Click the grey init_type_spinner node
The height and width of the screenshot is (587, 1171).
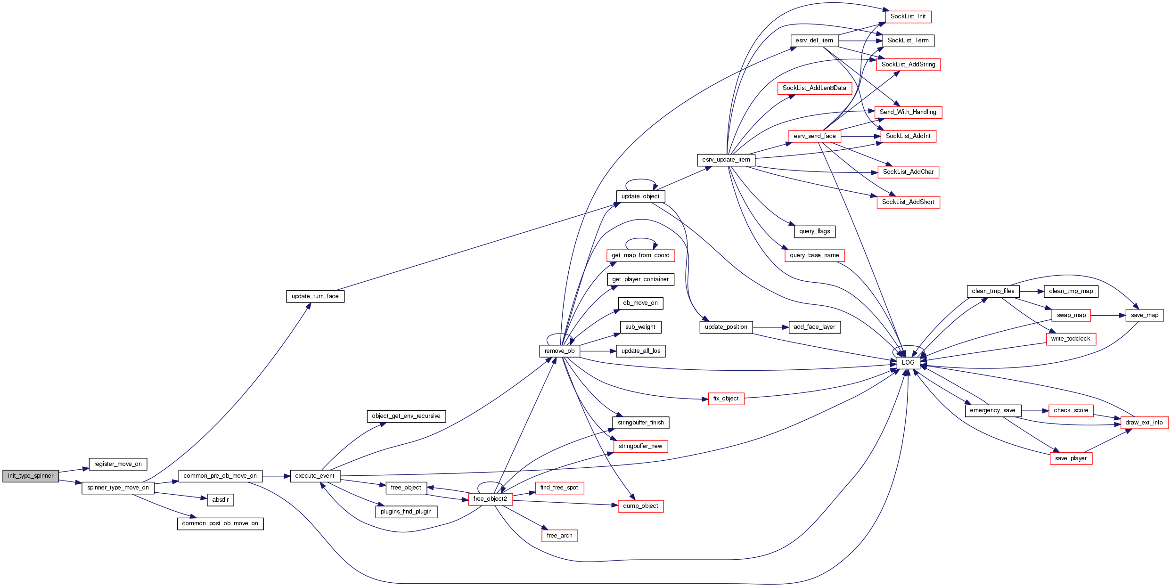click(x=31, y=476)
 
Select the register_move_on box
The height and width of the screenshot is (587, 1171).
click(x=118, y=464)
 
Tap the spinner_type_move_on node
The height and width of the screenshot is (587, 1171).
click(x=118, y=488)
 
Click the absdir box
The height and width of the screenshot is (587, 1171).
click(x=220, y=500)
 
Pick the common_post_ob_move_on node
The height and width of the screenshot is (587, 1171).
click(x=220, y=523)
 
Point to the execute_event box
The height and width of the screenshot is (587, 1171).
click(x=315, y=476)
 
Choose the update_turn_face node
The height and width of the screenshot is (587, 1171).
click(x=315, y=296)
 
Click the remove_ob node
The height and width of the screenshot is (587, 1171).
click(x=559, y=351)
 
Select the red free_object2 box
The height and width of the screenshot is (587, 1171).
click(x=490, y=499)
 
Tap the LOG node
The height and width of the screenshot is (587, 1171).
click(x=908, y=363)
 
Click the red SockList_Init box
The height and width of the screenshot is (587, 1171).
click(x=908, y=16)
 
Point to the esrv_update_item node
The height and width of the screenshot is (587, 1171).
click(x=726, y=160)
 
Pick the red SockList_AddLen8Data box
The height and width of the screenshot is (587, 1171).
click(x=814, y=88)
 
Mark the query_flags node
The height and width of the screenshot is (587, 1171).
click(x=814, y=231)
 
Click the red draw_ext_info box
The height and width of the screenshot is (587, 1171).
click(x=1144, y=423)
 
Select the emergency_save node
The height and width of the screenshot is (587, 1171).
click(x=992, y=410)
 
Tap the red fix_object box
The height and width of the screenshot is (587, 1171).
click(x=726, y=399)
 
